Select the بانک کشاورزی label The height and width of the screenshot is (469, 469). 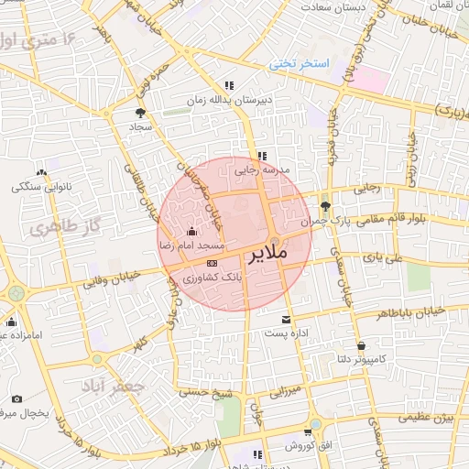pyautogui.click(x=212, y=276)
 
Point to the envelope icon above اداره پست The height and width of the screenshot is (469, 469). pyautogui.click(x=288, y=320)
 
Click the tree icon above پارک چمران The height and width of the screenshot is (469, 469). pyautogui.click(x=327, y=205)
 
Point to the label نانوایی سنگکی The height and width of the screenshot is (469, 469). pyautogui.click(x=40, y=187)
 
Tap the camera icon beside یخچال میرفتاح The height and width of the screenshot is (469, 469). pyautogui.click(x=16, y=398)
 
